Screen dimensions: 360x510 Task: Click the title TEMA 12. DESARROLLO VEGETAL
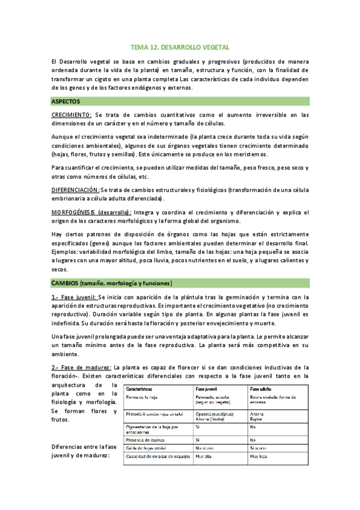pyautogui.click(x=180, y=47)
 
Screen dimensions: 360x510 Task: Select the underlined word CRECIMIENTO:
pyautogui.click(x=72, y=114)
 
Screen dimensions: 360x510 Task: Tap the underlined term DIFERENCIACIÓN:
pyautogui.click(x=76, y=189)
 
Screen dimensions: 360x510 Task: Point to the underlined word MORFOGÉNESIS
pyautogui.click(x=73, y=212)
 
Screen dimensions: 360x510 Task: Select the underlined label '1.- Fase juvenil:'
pyautogui.click(x=73, y=297)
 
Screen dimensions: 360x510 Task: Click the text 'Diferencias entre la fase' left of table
pyautogui.click(x=84, y=447)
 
